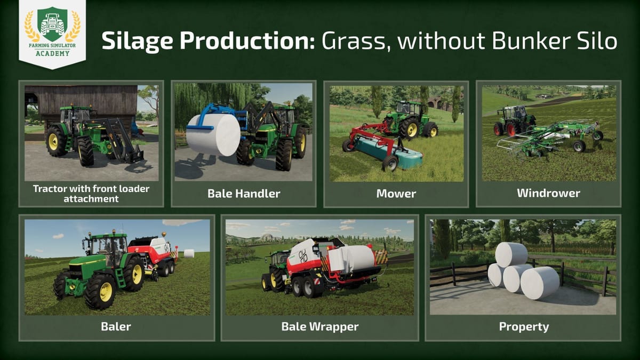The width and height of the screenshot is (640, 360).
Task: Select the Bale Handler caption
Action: pos(244,194)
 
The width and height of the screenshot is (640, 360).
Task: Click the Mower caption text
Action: pos(396,194)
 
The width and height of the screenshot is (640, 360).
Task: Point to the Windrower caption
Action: pos(548,193)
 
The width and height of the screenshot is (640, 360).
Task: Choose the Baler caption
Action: pos(116,326)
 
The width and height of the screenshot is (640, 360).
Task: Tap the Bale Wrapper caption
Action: pos(320,326)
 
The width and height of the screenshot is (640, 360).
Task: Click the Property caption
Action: pos(524,326)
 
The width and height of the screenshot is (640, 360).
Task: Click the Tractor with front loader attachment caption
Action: pos(91,193)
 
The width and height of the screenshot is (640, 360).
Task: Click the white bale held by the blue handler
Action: pos(213,135)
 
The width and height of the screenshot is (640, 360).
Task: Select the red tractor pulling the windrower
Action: pos(510,122)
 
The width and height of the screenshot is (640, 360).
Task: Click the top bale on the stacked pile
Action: pos(511,254)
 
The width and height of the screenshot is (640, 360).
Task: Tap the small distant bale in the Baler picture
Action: pos(189,253)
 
